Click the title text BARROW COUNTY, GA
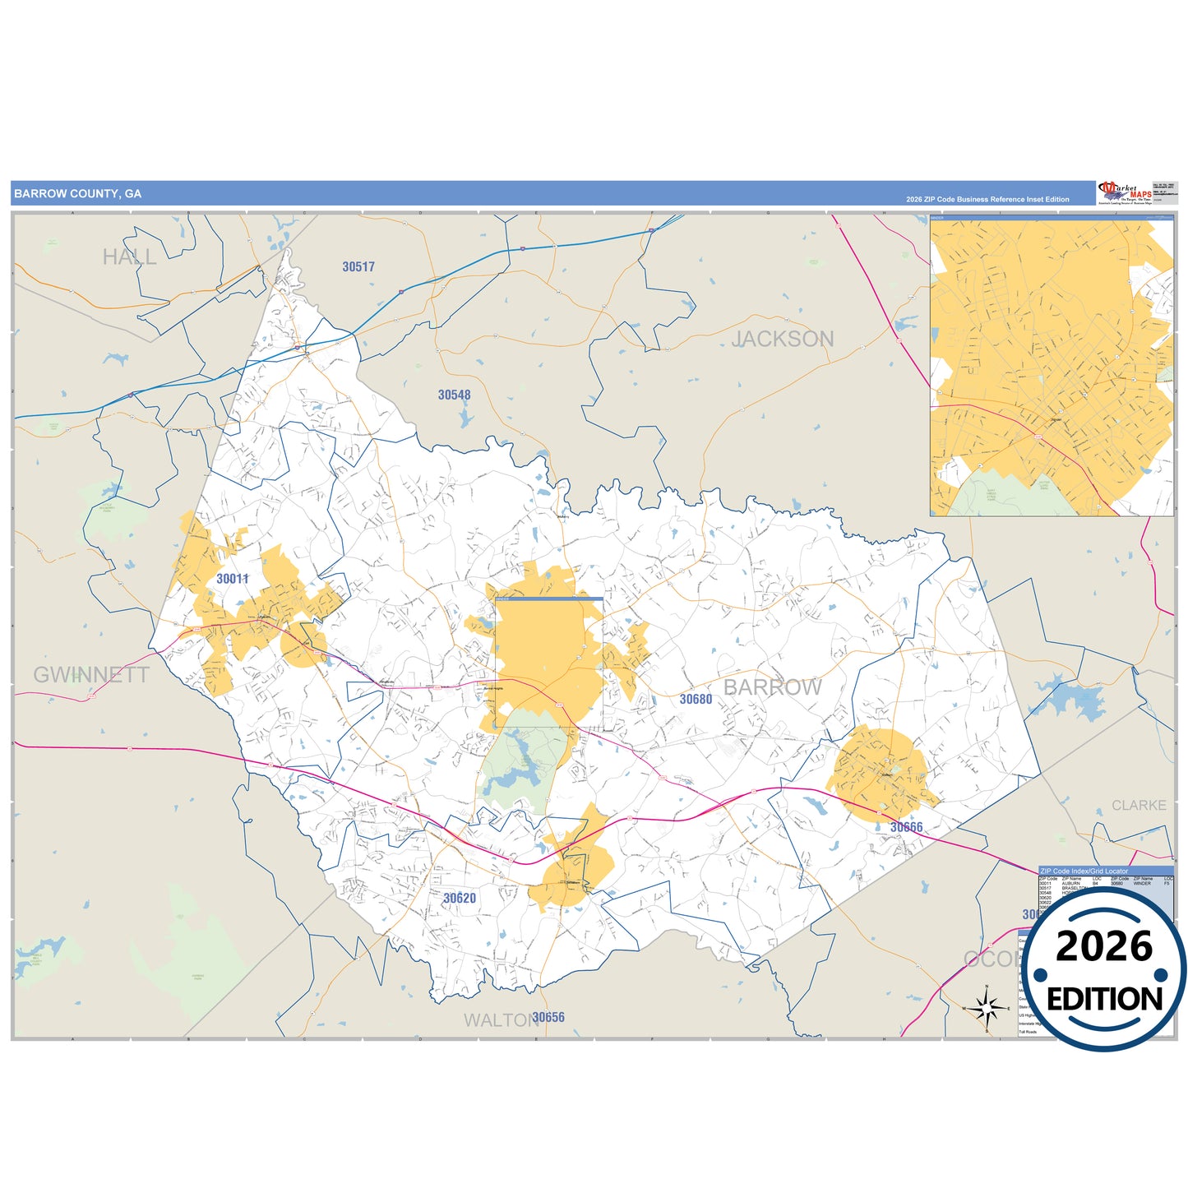[77, 194]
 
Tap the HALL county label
[129, 257]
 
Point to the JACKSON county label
[783, 339]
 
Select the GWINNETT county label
[91, 675]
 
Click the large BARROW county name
[773, 687]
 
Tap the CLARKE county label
[1139, 806]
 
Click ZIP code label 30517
[358, 267]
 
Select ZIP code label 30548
[454, 395]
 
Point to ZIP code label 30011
[232, 579]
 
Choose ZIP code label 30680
[696, 700]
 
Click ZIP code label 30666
[906, 827]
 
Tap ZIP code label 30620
[460, 899]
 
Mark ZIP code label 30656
[548, 1018]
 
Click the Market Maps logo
[1124, 193]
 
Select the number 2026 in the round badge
[1104, 946]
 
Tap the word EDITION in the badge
[1104, 999]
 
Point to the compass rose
[987, 1008]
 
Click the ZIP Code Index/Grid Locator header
[1084, 871]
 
